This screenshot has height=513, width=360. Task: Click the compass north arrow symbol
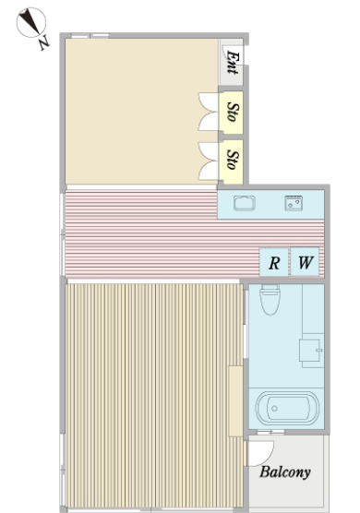[x=31, y=22]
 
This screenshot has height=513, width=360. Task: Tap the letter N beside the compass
[x=44, y=42]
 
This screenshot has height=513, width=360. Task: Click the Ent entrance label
[x=233, y=62]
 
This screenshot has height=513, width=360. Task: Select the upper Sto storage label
[x=233, y=113]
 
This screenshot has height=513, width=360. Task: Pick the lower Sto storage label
[x=233, y=160]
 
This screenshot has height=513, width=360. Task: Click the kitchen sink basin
[x=245, y=203]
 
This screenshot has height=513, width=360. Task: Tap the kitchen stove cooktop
[x=294, y=203]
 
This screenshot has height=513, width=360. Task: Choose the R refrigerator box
[x=274, y=262]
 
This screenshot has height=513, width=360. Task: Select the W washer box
[x=305, y=262]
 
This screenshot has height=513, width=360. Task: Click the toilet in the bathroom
[x=270, y=299]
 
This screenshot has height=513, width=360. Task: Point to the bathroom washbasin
[x=310, y=351]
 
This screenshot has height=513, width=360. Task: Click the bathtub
[x=287, y=409]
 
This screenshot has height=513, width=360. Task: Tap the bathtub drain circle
[x=274, y=409]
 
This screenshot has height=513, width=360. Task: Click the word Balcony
[x=285, y=472]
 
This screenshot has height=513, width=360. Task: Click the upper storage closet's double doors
[x=208, y=112]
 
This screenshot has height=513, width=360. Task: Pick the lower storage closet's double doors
[x=208, y=161]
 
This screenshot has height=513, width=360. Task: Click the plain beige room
[x=141, y=112]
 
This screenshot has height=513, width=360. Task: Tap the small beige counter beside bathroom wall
[x=235, y=401]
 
